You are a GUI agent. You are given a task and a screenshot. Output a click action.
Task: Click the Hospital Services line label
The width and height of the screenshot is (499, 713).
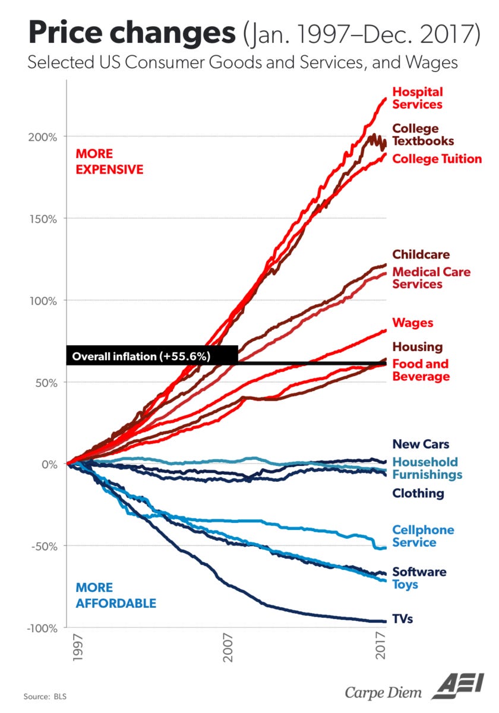point(417,99)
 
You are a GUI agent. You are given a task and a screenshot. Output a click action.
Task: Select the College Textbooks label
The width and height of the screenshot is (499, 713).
point(422,135)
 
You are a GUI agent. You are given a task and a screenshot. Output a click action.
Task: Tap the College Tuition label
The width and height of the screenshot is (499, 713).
point(437,159)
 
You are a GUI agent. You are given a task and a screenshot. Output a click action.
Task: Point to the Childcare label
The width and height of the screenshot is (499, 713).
point(421,255)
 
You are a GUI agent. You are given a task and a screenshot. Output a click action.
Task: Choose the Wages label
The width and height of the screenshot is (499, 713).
point(413,323)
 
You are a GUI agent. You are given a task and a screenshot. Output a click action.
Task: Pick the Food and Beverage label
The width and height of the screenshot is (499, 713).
point(421,370)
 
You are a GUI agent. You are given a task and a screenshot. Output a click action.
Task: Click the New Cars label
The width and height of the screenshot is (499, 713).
point(421,444)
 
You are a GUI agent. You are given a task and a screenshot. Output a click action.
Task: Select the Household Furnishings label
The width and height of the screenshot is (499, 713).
point(427,468)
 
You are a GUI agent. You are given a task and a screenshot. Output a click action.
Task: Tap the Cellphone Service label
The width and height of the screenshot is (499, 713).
point(423,536)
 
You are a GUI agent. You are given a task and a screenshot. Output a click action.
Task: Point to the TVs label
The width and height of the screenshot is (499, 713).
point(402,619)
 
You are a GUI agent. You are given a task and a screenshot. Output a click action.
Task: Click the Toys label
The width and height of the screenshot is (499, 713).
point(405,585)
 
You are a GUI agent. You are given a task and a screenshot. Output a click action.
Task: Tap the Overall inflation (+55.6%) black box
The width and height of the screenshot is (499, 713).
point(152,356)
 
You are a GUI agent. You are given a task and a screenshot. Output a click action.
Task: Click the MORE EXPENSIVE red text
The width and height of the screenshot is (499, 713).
point(109,162)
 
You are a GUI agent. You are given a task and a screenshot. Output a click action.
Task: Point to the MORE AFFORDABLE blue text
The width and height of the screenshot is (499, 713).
point(116,595)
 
